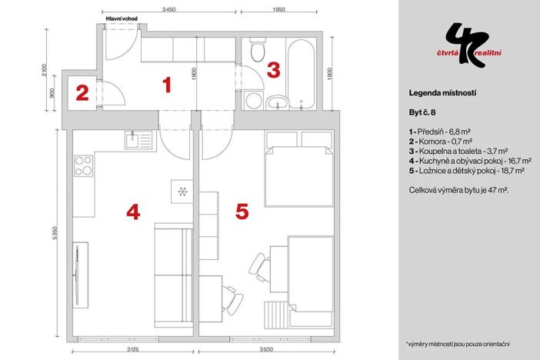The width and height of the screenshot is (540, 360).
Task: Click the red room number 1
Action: click(166, 85)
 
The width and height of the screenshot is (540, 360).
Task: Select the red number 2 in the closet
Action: click(82, 93)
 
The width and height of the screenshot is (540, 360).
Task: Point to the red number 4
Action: click(132, 211)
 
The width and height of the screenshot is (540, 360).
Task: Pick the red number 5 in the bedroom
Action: click(242, 211)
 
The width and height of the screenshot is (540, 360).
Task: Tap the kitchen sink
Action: click(138, 140)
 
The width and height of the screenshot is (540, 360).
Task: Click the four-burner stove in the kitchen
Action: click(83, 166)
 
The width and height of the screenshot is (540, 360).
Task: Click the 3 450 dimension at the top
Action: click(170, 9)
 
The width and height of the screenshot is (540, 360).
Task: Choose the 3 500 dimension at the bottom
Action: click(267, 348)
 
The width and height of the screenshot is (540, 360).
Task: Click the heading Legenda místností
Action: click(443, 92)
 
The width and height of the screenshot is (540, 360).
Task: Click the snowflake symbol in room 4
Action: click(183, 191)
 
